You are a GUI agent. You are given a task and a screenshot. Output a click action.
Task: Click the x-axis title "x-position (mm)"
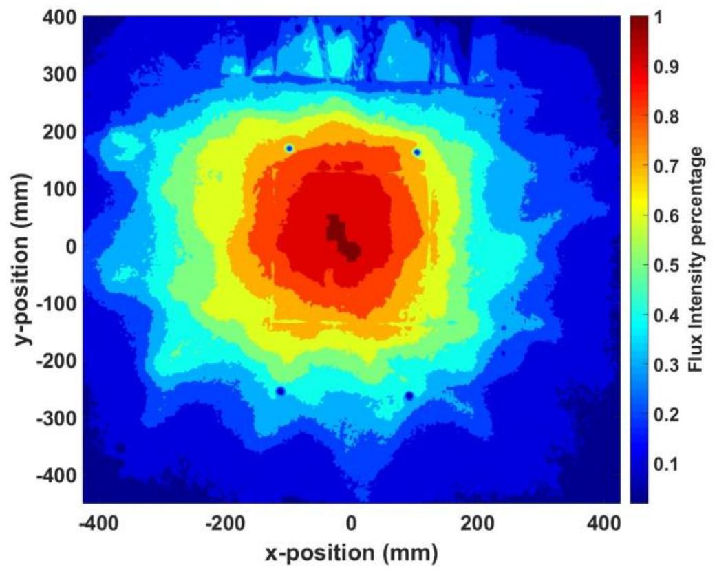coord(351,552)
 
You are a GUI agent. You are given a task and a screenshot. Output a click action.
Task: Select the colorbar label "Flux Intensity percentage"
coord(697,259)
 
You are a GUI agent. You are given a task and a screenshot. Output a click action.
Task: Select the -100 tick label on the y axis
coord(56,303)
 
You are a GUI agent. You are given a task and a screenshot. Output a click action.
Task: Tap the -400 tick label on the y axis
coord(56,475)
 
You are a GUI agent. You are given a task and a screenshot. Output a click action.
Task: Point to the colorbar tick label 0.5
coord(665,266)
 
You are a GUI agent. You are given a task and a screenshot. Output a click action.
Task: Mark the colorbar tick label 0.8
coord(665,117)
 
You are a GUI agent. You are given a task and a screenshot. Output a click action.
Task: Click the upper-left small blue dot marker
coord(289,148)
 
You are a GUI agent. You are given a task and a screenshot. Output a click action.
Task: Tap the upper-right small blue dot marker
coord(417,152)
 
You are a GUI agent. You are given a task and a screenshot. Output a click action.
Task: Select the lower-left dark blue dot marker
coord(280,391)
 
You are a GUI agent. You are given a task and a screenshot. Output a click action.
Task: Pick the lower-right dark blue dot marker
coord(409,395)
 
